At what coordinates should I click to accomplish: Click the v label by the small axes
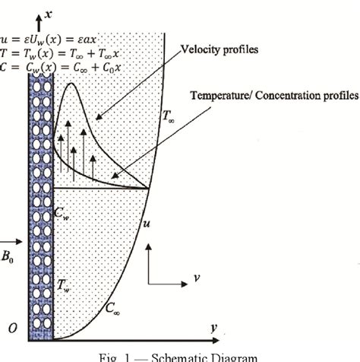click(x=195, y=278)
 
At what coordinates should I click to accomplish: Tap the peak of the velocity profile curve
click(x=72, y=83)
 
